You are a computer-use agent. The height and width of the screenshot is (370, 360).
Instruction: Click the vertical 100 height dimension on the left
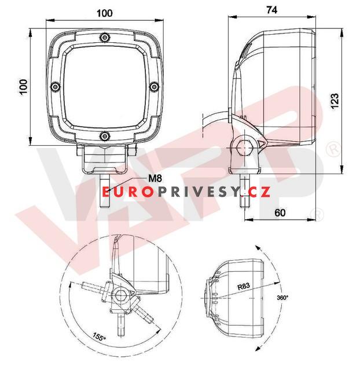click(x=23, y=87)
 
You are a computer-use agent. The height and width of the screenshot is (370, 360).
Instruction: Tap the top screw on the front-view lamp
click(x=104, y=38)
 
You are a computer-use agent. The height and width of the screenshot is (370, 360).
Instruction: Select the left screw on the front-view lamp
click(x=55, y=87)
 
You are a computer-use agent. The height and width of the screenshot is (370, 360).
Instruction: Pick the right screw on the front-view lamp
click(x=153, y=87)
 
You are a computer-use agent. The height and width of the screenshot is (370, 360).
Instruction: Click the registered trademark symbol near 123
click(x=333, y=149)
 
